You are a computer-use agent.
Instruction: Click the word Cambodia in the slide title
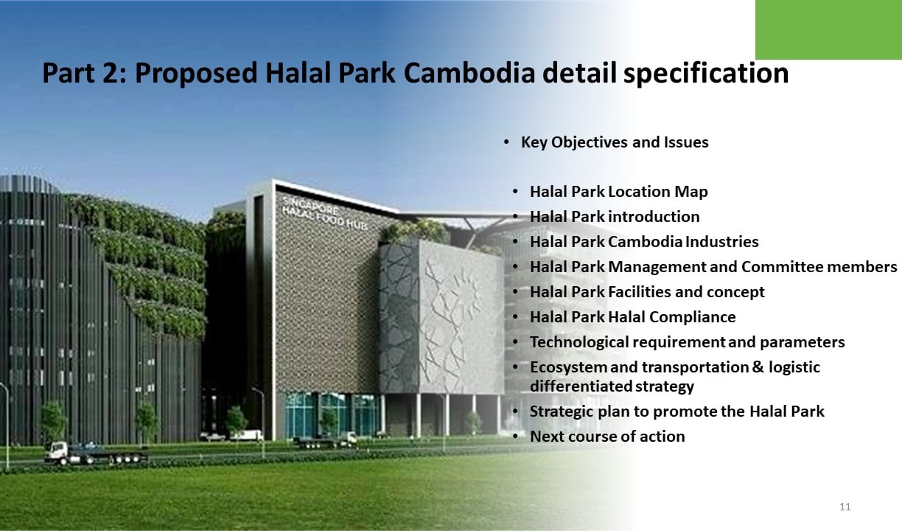tap(469, 73)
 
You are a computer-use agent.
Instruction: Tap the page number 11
tap(845, 507)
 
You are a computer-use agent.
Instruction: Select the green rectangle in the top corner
tap(828, 29)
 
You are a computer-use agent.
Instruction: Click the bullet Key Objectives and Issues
tap(615, 142)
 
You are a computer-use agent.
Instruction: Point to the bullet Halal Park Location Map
tap(618, 192)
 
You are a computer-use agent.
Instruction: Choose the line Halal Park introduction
tap(615, 217)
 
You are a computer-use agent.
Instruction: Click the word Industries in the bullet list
tap(722, 242)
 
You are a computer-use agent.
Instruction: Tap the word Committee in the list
tap(782, 267)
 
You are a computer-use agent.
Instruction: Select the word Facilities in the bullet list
tap(640, 292)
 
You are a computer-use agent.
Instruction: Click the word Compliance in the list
tap(692, 317)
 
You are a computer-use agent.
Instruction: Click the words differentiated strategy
tap(612, 386)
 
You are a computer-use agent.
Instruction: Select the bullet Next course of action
tap(607, 437)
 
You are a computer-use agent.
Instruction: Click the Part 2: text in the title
tap(84, 73)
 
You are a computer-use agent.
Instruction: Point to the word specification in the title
tap(706, 74)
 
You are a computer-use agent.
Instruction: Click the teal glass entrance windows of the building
tap(331, 415)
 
